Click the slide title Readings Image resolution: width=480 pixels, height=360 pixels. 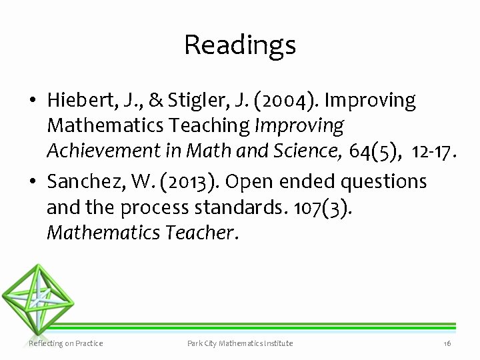point(240,45)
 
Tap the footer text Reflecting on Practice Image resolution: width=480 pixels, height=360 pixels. point(66,343)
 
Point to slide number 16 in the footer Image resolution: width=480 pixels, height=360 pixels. point(447,343)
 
